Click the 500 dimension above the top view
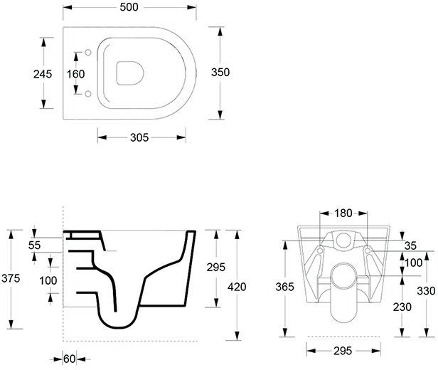tap(129, 7)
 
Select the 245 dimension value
tap(43, 74)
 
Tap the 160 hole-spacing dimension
tap(75, 74)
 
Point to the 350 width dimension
tap(220, 72)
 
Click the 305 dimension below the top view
tap(139, 137)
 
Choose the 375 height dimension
tap(11, 278)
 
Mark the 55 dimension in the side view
tap(34, 245)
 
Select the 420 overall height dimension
tap(237, 287)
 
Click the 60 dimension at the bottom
tap(69, 359)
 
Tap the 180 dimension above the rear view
tap(343, 213)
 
